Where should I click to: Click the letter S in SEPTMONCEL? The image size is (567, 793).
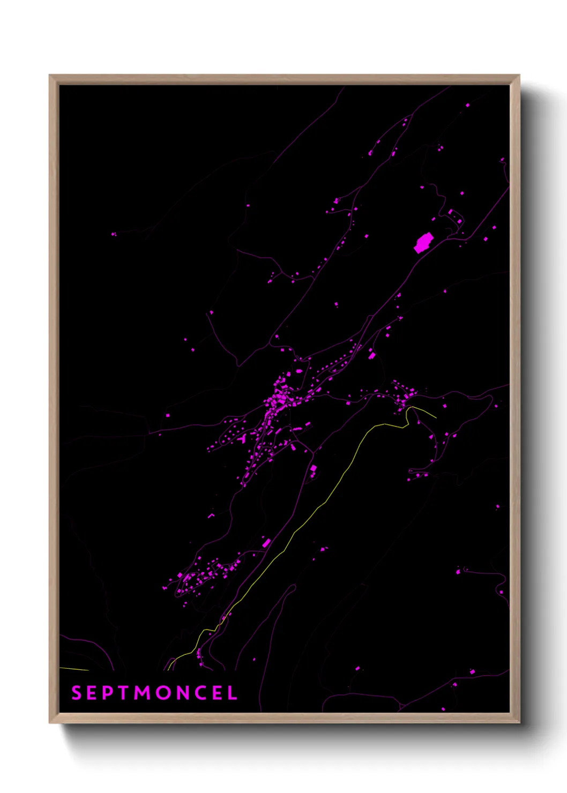pyautogui.click(x=77, y=693)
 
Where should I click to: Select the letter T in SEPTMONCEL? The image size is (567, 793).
pyautogui.click(x=124, y=693)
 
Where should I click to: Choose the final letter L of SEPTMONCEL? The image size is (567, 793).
pyautogui.click(x=233, y=693)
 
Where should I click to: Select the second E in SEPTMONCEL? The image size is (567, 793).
pyautogui.click(x=219, y=693)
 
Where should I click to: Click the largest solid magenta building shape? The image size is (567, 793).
pyautogui.click(x=423, y=243)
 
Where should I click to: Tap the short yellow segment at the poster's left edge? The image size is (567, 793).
pyautogui.click(x=74, y=669)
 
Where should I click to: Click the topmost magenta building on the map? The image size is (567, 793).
pyautogui.click(x=467, y=105)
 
